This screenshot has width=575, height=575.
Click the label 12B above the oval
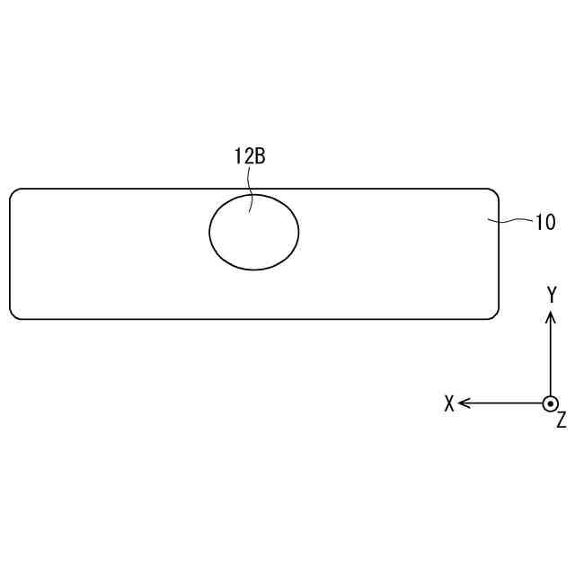coord(250,156)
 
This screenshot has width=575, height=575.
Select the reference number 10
coord(545,222)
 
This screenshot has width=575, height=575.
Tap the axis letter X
coord(449,403)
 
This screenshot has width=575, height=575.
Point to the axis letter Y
coord(552,295)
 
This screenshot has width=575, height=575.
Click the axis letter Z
coord(562,420)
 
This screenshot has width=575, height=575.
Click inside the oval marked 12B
coord(254,233)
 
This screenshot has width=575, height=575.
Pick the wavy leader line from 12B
coord(251,190)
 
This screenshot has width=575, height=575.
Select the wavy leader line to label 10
coord(509,220)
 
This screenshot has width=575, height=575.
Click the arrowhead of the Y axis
coord(551,316)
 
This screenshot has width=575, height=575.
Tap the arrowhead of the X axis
coord(464,403)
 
